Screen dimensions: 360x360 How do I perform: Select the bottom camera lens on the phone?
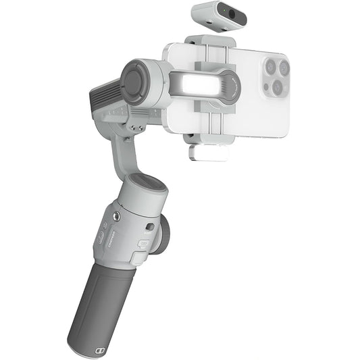click(x=278, y=88)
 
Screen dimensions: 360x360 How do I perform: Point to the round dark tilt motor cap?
click(x=133, y=81)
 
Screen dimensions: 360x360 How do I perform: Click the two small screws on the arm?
click(x=137, y=126)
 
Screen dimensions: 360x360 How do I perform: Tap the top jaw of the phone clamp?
click(x=211, y=43)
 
